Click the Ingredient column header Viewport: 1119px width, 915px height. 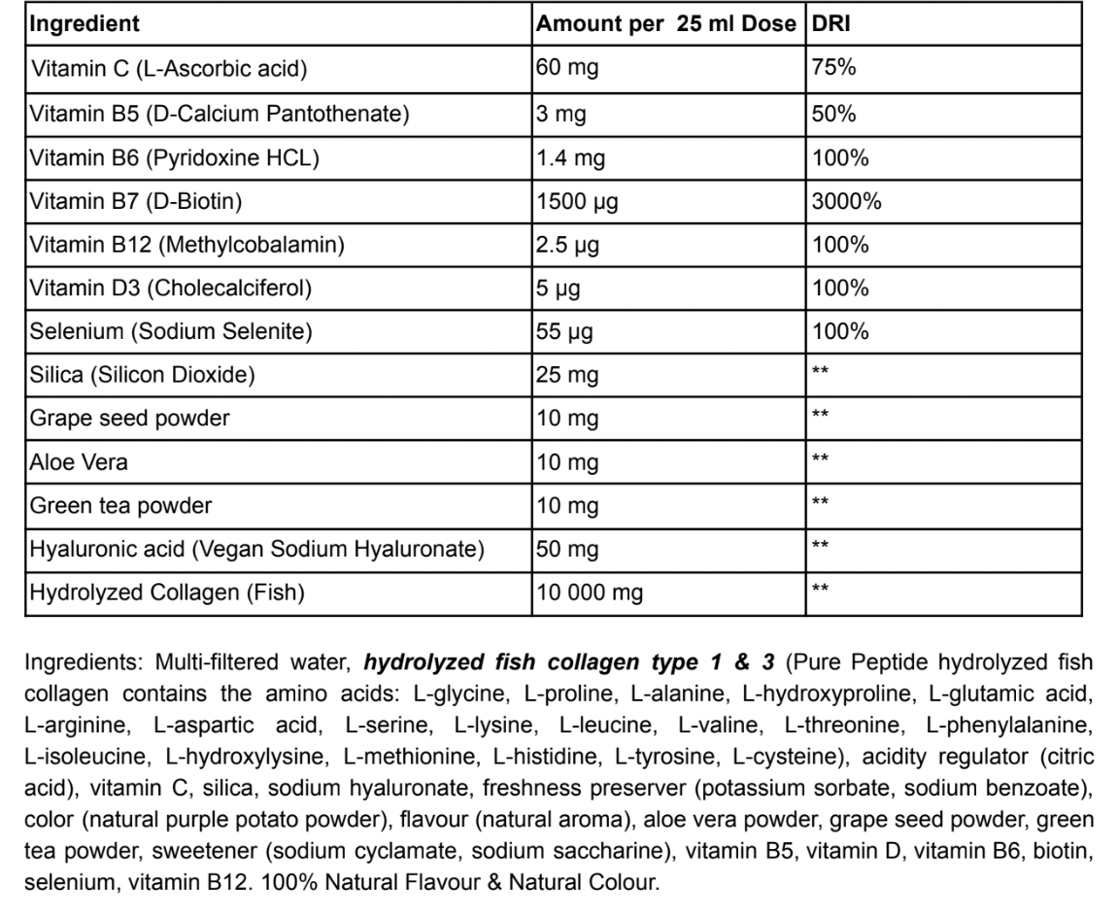[85, 23]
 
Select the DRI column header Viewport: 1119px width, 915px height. [831, 23]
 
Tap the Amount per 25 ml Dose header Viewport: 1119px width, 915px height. [665, 23]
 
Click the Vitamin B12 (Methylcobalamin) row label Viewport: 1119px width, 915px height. [187, 245]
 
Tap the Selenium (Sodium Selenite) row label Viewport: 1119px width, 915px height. [172, 332]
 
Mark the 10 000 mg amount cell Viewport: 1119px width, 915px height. [589, 593]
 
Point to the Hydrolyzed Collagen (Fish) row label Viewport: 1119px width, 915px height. [167, 593]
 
